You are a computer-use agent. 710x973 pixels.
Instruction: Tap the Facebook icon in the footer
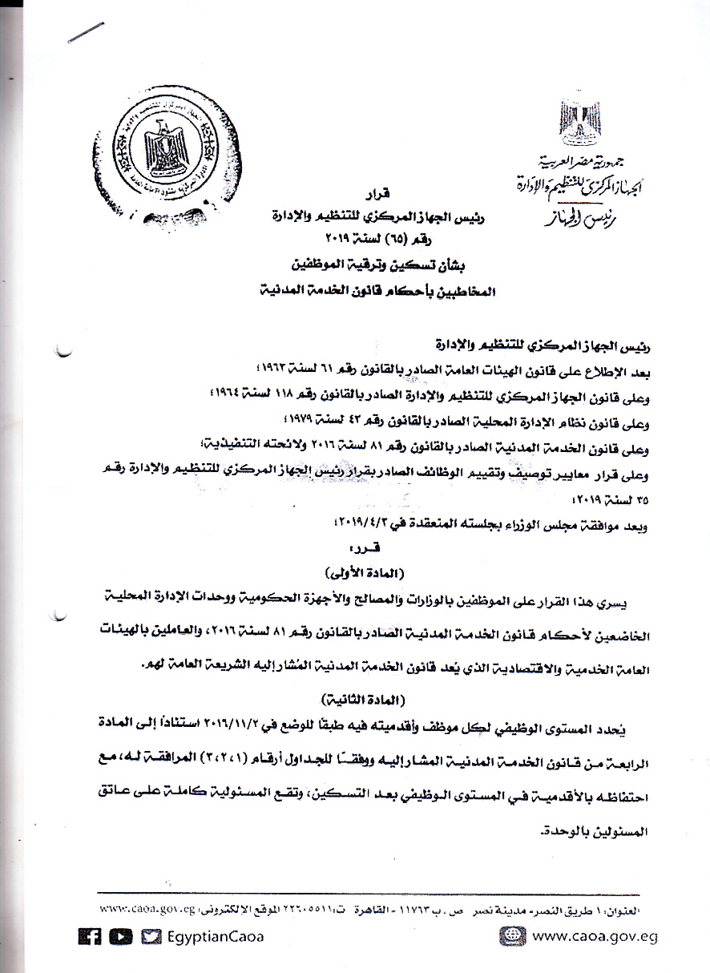[x=89, y=936]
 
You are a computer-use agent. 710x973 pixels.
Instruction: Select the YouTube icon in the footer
[x=120, y=936]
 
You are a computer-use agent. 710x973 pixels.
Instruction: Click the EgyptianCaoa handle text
[x=214, y=936]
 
